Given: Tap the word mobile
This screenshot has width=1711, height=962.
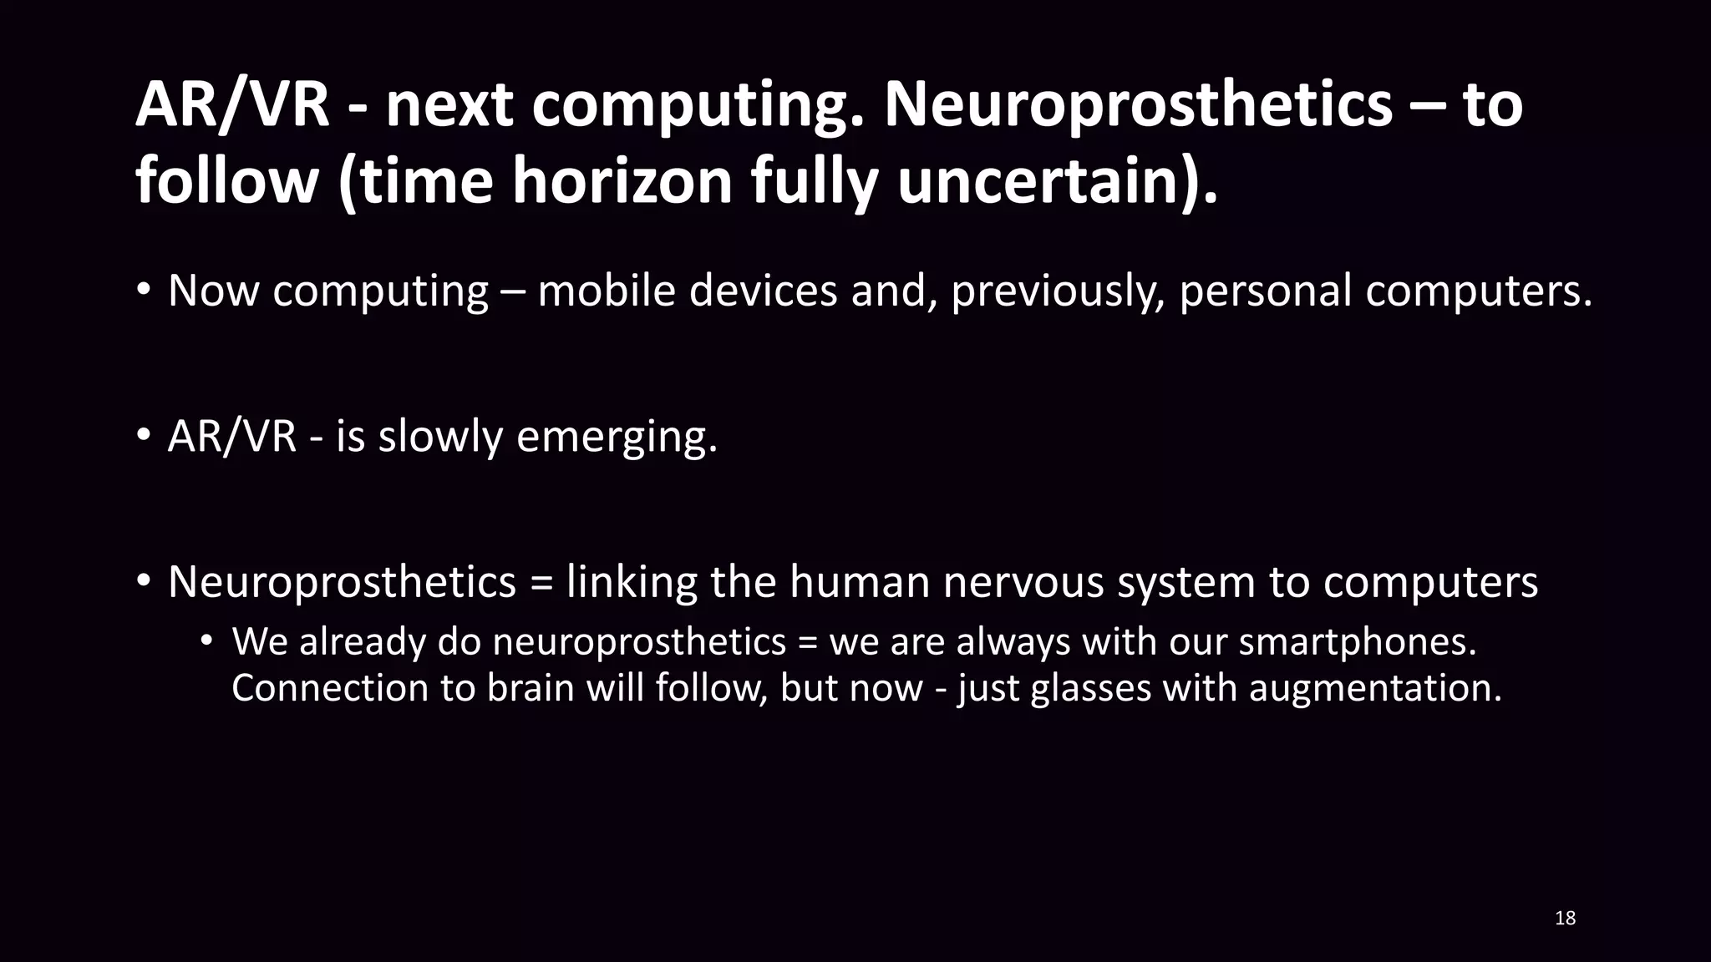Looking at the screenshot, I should click(x=606, y=291).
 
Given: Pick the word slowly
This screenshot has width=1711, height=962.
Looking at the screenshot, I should click(x=440, y=437).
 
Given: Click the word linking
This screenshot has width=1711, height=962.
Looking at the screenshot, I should click(x=632, y=582).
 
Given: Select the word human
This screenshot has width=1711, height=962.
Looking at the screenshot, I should click(x=860, y=581).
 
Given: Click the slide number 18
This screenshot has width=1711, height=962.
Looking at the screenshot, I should click(x=1565, y=919).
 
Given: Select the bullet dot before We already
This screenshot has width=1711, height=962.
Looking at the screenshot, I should click(x=207, y=642).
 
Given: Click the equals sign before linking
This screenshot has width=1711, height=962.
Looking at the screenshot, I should click(x=541, y=583).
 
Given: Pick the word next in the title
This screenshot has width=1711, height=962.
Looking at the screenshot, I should click(x=449, y=106).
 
